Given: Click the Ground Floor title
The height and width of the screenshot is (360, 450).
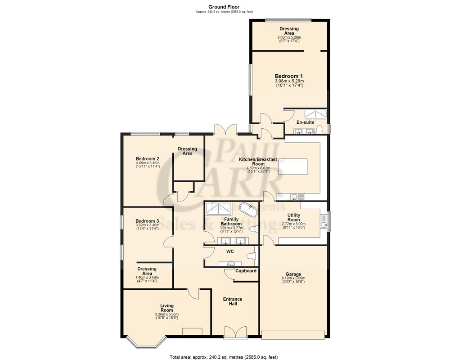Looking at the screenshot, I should (x=224, y=7).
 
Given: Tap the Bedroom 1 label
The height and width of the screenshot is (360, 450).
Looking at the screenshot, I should (x=288, y=76).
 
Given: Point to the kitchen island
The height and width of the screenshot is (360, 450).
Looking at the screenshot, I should (x=294, y=167).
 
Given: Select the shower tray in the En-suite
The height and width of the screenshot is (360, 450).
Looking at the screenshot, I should (x=317, y=114).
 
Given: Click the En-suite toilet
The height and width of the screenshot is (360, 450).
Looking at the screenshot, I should (x=319, y=130).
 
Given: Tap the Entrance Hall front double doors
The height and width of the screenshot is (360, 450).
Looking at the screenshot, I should (x=235, y=332).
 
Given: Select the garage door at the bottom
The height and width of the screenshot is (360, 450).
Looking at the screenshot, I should (x=293, y=335).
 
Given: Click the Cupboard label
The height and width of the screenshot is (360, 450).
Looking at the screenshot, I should (x=246, y=271).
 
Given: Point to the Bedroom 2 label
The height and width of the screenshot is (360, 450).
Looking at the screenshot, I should (x=148, y=159).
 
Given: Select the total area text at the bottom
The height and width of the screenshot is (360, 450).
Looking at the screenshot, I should (x=224, y=357).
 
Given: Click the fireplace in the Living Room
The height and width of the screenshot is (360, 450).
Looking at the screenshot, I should (x=192, y=332).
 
